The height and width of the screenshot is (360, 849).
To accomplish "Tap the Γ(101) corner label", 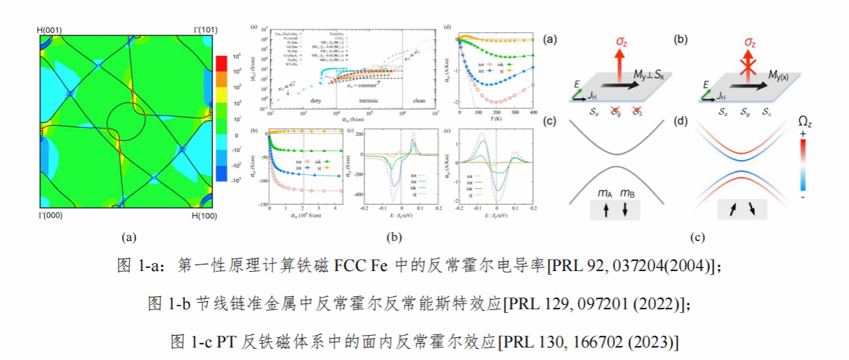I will click(204, 29).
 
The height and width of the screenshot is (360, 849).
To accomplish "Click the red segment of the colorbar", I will click(220, 64).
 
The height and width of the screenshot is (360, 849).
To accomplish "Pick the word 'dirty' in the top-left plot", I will click(316, 99).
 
